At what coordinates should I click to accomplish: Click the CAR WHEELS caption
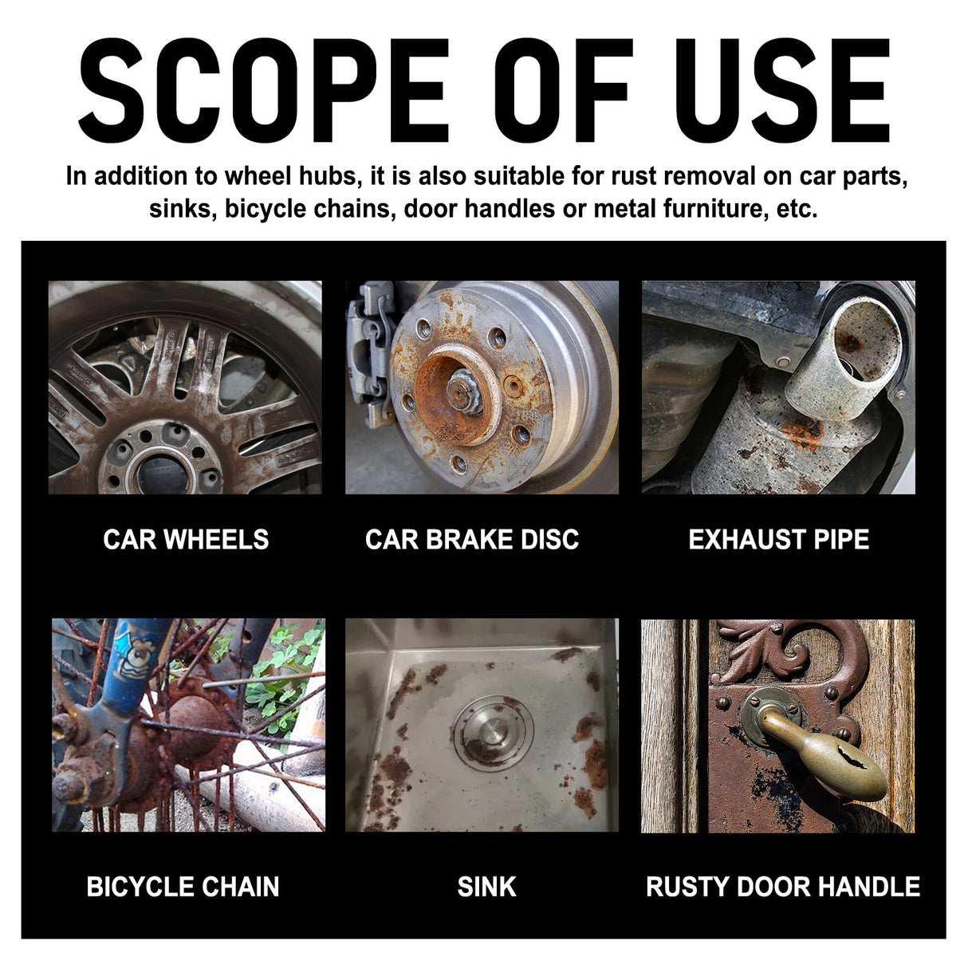[x=186, y=540]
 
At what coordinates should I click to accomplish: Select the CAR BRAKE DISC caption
[x=471, y=540]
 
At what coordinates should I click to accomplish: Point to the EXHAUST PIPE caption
[x=778, y=540]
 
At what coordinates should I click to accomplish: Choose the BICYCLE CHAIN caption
[x=183, y=887]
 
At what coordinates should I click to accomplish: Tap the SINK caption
[x=486, y=887]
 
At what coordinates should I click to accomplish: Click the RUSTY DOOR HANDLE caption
[x=782, y=887]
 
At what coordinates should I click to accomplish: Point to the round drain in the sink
[x=492, y=732]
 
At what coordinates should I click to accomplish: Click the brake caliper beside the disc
[x=368, y=351]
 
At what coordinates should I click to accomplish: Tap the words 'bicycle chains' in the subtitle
[x=310, y=209]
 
